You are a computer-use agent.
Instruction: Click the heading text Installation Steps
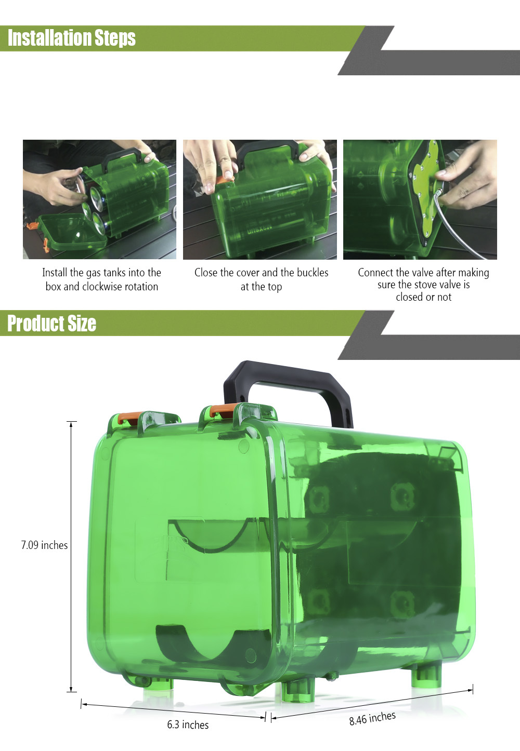tap(72, 37)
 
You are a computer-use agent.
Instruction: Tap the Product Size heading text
tap(51, 323)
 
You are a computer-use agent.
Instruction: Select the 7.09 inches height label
tap(44, 545)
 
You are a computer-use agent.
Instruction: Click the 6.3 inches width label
tap(188, 725)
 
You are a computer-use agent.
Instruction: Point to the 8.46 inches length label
tap(372, 718)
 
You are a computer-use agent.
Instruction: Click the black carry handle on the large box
tap(289, 389)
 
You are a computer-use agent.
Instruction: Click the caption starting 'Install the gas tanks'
tap(102, 279)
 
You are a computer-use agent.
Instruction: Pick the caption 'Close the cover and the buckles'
tap(261, 279)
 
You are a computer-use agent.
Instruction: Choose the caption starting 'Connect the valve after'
tap(423, 285)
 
